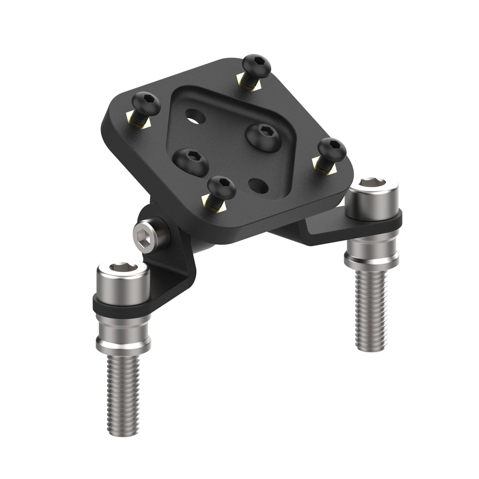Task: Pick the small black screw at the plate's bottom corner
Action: click(x=222, y=186)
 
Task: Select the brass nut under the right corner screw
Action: click(x=324, y=166)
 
